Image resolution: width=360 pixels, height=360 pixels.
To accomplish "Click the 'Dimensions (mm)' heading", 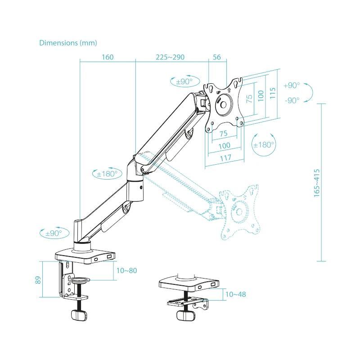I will tap(68, 43).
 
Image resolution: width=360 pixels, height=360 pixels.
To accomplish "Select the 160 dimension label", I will tap(108, 57).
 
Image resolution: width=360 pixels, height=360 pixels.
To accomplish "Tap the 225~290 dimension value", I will tap(170, 57).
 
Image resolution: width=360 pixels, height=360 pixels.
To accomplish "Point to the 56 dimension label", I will tap(217, 57).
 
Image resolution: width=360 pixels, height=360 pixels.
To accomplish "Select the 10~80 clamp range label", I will tap(126, 270).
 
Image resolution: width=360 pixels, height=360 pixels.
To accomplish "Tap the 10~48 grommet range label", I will tap(235, 294).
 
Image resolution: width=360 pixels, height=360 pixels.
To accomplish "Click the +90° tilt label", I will tap(292, 85).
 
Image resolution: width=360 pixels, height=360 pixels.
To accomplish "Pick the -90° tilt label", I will tap(292, 100).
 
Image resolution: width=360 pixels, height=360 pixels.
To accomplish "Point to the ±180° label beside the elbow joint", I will tap(107, 174).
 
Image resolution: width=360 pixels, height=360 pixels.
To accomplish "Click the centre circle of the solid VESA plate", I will tap(223, 104).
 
